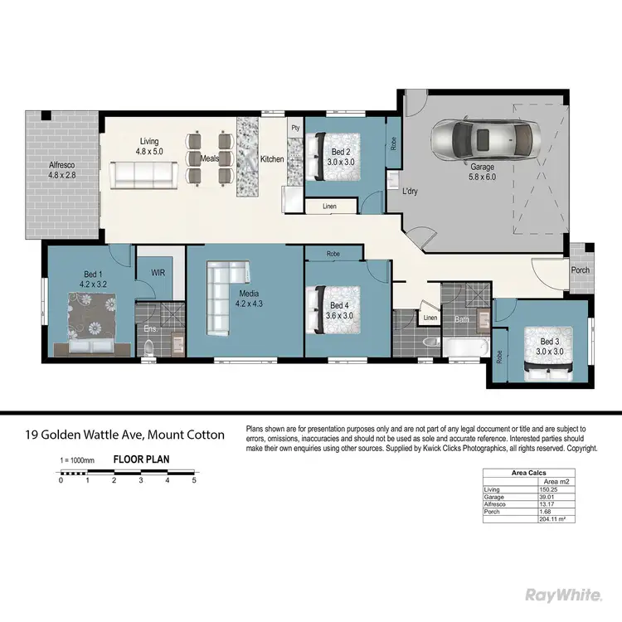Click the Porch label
[x=581, y=271]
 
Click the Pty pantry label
[x=294, y=129]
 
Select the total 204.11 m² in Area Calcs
[x=552, y=519]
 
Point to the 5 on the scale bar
[x=194, y=480]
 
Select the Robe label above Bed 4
[x=333, y=253]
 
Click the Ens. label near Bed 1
[x=150, y=328]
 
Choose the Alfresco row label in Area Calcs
[x=495, y=504]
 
